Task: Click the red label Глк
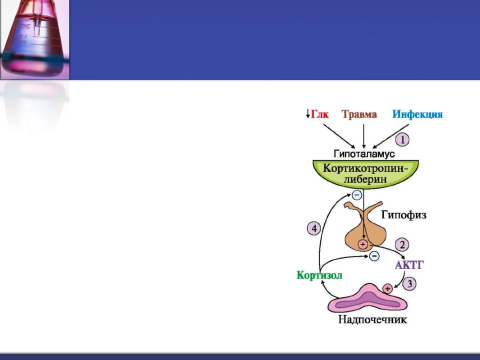tap(319, 114)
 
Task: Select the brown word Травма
tap(359, 114)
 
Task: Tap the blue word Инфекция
tap(417, 114)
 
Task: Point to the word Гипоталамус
tap(364, 153)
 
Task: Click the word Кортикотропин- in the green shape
tap(366, 168)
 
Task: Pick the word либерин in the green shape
tap(365, 179)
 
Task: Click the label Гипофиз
tap(404, 215)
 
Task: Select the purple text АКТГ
tap(409, 265)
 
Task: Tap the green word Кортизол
tap(319, 275)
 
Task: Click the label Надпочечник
tap(372, 319)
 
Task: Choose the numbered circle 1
tap(402, 140)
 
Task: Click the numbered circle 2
tap(402, 244)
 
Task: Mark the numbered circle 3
tap(409, 283)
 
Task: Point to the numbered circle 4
tap(314, 228)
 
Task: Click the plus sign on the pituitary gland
tap(363, 244)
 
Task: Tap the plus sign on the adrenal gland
tap(387, 288)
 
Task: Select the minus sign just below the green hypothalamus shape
tap(357, 194)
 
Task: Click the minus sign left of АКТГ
tap(374, 256)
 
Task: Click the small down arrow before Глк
tap(307, 114)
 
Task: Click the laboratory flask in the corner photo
tap(33, 38)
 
